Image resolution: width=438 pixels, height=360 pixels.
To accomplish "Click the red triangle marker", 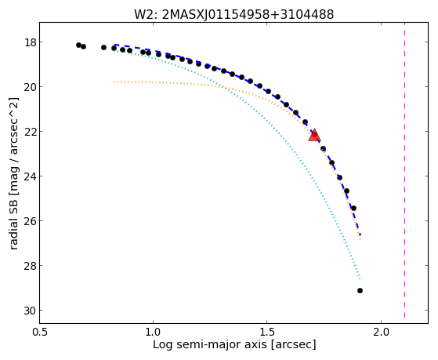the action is click(314, 136).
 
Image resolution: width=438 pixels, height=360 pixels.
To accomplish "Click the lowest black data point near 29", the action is click(360, 291).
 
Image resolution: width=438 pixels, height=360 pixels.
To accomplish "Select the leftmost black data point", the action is click(79, 45).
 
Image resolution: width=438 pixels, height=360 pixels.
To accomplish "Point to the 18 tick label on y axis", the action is click(31, 42).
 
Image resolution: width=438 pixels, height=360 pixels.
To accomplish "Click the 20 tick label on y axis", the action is click(31, 87).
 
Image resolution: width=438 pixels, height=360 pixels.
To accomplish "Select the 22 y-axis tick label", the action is click(31, 132).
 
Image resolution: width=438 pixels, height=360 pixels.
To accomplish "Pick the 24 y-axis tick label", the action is click(31, 176).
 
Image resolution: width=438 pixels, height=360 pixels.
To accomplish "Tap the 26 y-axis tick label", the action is click(31, 221).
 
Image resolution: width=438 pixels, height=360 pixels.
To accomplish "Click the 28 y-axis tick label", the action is click(31, 266).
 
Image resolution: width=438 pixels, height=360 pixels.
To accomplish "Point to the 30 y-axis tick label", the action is click(31, 311).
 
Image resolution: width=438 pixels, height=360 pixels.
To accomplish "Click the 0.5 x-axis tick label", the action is click(39, 332).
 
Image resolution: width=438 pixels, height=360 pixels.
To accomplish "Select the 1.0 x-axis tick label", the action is click(153, 332).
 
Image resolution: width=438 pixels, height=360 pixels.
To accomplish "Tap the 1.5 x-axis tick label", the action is click(267, 332).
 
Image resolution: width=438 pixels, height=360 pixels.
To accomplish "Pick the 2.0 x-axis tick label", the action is click(382, 332).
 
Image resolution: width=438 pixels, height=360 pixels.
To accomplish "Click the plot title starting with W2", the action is click(233, 14).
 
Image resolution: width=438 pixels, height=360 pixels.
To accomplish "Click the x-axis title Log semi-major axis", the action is click(234, 345).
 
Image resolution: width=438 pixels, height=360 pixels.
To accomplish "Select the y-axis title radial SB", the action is click(14, 173).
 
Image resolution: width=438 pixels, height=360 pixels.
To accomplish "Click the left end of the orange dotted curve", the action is click(114, 82).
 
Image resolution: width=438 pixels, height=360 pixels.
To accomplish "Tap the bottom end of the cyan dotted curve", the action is click(360, 279).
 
